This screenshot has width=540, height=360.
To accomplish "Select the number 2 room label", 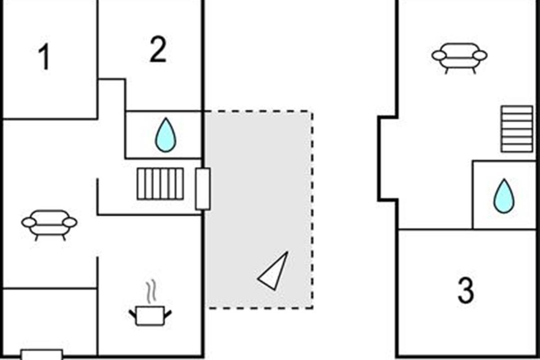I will point(158,50).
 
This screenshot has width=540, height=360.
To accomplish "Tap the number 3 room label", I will point(466,290).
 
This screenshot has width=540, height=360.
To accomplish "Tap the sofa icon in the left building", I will point(49,224).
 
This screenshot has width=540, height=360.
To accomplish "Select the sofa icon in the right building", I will point(459,57).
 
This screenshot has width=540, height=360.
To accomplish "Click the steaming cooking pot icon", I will point(150,315).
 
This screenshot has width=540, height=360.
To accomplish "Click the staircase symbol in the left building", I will point(161,184).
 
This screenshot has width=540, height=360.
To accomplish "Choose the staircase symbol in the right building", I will point(517,129).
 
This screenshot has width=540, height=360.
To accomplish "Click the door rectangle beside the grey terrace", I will point(203,189).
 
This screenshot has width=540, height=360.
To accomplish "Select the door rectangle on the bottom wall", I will point(42,355).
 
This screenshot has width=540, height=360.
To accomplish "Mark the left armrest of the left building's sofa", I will point(29,222).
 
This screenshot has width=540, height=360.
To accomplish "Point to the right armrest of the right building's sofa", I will point(480,55).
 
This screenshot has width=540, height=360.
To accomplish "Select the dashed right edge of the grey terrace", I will point(312,209).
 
